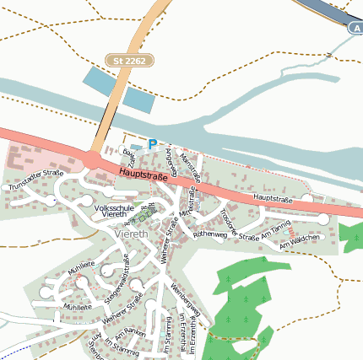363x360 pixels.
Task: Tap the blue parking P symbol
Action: tap(153, 144)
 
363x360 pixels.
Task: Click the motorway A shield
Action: tap(355, 28)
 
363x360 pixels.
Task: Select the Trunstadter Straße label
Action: tap(36, 179)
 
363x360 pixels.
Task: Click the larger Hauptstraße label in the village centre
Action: tap(144, 175)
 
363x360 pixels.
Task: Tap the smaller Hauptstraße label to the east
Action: tap(272, 199)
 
